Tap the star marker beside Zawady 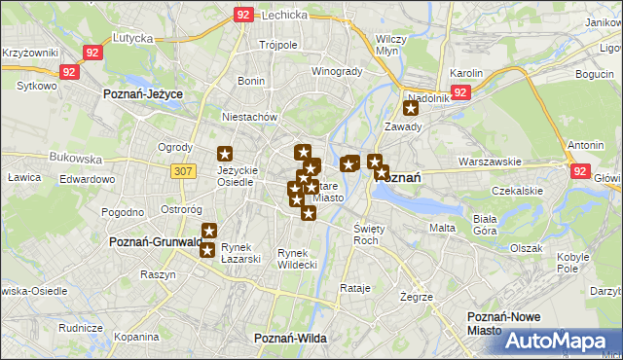(x=410, y=109)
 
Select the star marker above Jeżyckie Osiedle (x=225, y=153)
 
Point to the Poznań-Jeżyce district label (x=143, y=93)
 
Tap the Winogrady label (x=337, y=71)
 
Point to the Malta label (x=442, y=227)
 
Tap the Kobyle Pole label (x=572, y=263)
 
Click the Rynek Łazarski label (x=241, y=253)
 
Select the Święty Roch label (x=366, y=234)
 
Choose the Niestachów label (x=250, y=117)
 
